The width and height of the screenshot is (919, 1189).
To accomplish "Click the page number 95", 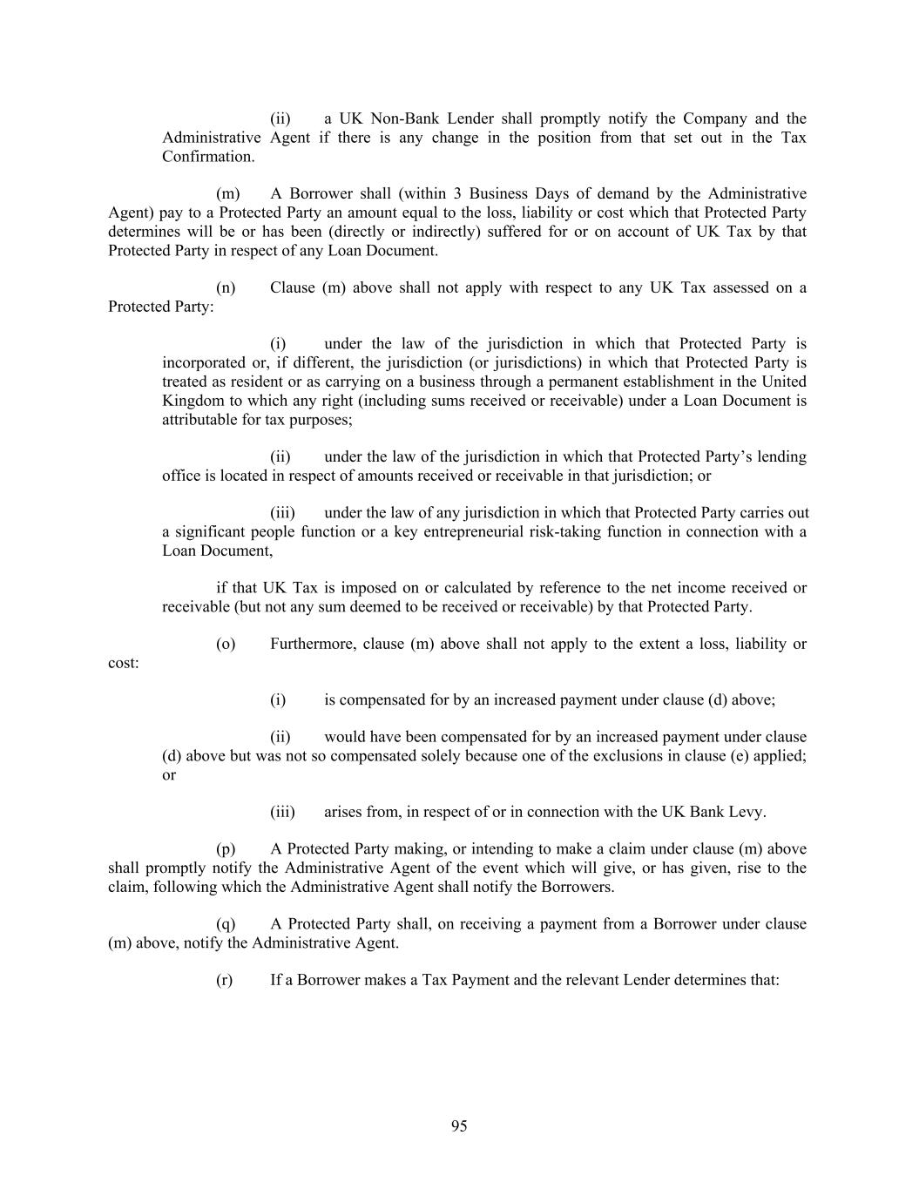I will [x=459, y=1126].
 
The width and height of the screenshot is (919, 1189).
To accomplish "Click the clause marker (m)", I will [x=227, y=193].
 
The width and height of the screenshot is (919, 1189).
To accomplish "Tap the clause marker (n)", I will [x=226, y=287].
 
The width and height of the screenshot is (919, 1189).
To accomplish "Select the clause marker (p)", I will [x=226, y=849].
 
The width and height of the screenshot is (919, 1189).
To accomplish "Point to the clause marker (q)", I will [x=226, y=924].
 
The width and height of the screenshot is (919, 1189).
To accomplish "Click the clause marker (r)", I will [x=224, y=980].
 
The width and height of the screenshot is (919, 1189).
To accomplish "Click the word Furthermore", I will [x=312, y=645].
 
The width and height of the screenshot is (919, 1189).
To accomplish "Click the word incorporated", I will [x=203, y=362].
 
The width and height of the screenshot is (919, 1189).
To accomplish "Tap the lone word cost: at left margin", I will [x=124, y=664].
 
